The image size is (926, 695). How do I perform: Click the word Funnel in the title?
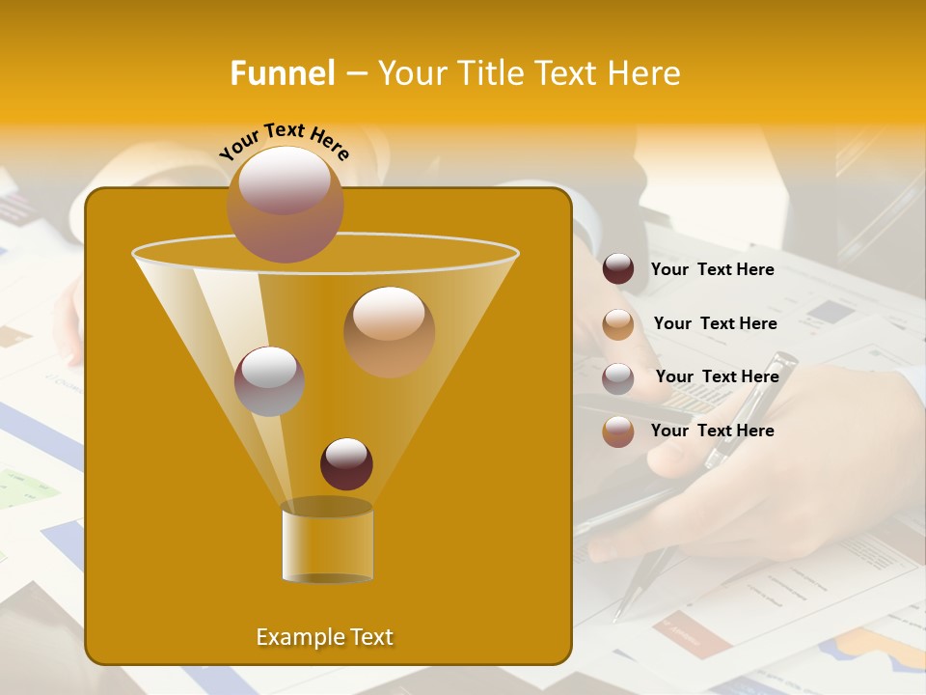[282, 73]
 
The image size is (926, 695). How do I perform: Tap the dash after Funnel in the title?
[355, 74]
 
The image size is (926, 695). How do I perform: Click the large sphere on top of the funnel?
[285, 204]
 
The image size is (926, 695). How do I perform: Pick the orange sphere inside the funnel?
[389, 331]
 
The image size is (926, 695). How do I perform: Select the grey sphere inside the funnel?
[269, 380]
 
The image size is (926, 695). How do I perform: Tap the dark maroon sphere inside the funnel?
[346, 463]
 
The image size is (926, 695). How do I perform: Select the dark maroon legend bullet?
[618, 269]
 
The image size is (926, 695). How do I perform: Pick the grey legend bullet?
[618, 378]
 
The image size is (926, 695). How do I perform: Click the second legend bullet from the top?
[618, 324]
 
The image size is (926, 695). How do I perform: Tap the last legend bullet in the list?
[618, 431]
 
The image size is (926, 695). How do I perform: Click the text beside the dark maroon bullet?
[712, 269]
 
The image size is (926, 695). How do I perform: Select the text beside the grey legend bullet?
[717, 376]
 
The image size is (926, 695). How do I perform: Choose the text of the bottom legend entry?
[712, 431]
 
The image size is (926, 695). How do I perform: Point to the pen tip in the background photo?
[618, 612]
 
